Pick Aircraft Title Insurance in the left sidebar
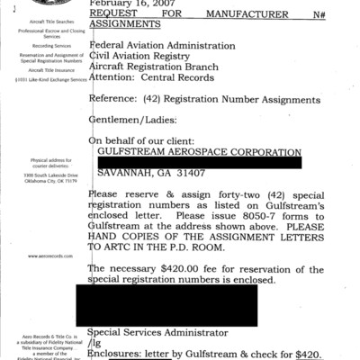pos(52,68)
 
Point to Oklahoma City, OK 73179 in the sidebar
pos(52,180)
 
